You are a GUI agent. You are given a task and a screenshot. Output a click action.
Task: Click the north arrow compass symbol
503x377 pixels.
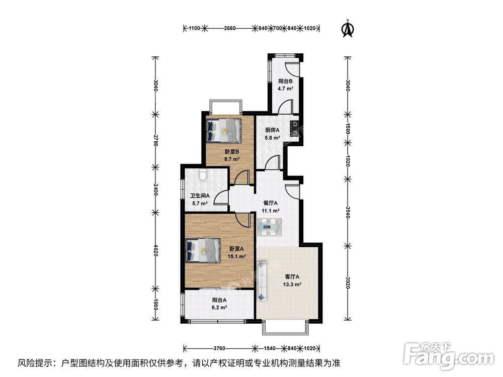(347, 29)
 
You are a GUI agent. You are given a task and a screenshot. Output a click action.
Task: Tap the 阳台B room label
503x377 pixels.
(286, 81)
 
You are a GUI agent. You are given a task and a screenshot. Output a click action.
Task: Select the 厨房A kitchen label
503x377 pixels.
(273, 130)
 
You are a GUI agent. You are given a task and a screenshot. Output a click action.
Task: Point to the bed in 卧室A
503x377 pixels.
(203, 250)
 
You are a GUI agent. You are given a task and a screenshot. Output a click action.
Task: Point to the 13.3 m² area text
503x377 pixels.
(292, 284)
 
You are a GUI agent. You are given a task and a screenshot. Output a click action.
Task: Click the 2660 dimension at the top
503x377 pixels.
(229, 29)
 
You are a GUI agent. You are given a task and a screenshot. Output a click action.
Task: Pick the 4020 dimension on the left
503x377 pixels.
(156, 250)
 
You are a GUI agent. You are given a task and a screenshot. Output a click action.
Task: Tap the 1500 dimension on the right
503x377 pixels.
(347, 129)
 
